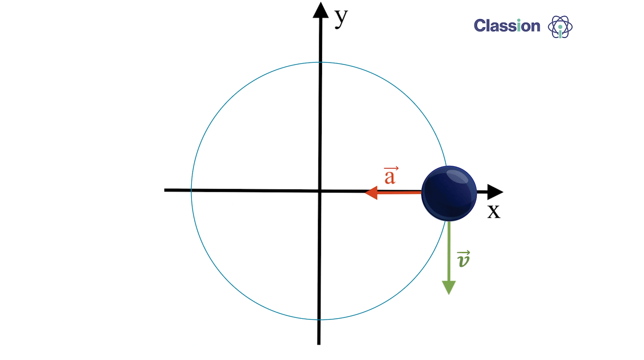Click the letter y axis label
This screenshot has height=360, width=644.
point(341,18)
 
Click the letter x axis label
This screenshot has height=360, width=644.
point(494,211)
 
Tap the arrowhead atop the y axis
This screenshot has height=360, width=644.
point(321,10)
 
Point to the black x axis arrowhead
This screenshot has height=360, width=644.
point(495,192)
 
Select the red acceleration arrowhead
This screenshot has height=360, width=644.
point(371,193)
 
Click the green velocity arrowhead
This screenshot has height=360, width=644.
point(449,288)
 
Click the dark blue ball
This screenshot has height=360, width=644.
point(449,193)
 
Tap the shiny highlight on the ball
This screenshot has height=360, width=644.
point(457,176)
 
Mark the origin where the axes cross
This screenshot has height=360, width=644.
point(319,191)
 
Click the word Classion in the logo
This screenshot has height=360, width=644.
point(507,26)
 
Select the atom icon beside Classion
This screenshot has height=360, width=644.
point(560,27)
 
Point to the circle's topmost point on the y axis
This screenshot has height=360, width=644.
point(320,62)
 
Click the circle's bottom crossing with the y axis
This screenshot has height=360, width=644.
point(319,320)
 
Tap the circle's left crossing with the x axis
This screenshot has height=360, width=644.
point(191,190)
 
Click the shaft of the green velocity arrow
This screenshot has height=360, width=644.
point(449,251)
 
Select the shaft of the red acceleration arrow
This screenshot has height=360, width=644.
point(399,193)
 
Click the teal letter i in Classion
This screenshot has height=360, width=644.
point(519,26)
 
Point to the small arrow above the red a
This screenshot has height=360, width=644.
point(391,168)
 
